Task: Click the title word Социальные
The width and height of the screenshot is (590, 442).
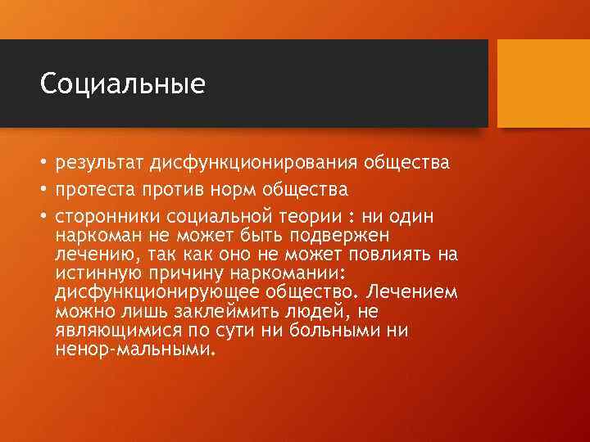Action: (122, 84)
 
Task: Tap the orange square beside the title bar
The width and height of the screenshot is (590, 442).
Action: (544, 83)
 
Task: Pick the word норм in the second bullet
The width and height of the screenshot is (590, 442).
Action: (234, 190)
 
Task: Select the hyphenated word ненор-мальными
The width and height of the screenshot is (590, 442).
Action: (135, 349)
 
